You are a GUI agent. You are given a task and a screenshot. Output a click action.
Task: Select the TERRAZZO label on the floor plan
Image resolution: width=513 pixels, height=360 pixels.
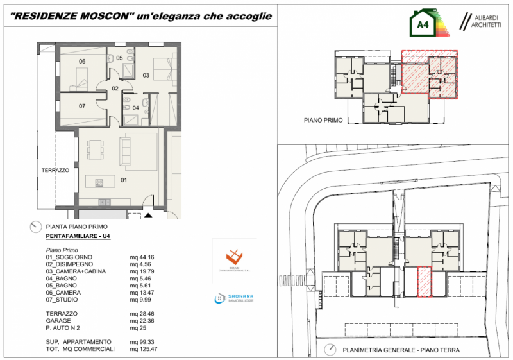point(55,170)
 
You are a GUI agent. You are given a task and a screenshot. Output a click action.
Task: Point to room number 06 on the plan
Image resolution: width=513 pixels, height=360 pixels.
point(82,62)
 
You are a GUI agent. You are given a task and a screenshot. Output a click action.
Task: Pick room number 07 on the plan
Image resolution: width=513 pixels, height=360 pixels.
point(82,106)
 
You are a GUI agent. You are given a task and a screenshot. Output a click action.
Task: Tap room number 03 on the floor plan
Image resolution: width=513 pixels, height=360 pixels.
point(146,76)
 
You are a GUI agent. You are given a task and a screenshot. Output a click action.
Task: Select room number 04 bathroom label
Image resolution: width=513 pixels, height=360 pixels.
point(135,107)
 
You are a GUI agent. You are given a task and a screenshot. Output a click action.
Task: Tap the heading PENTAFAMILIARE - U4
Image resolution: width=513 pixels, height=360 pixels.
point(78,237)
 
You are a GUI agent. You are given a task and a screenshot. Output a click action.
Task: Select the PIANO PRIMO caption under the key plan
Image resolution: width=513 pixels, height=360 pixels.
point(323,120)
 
